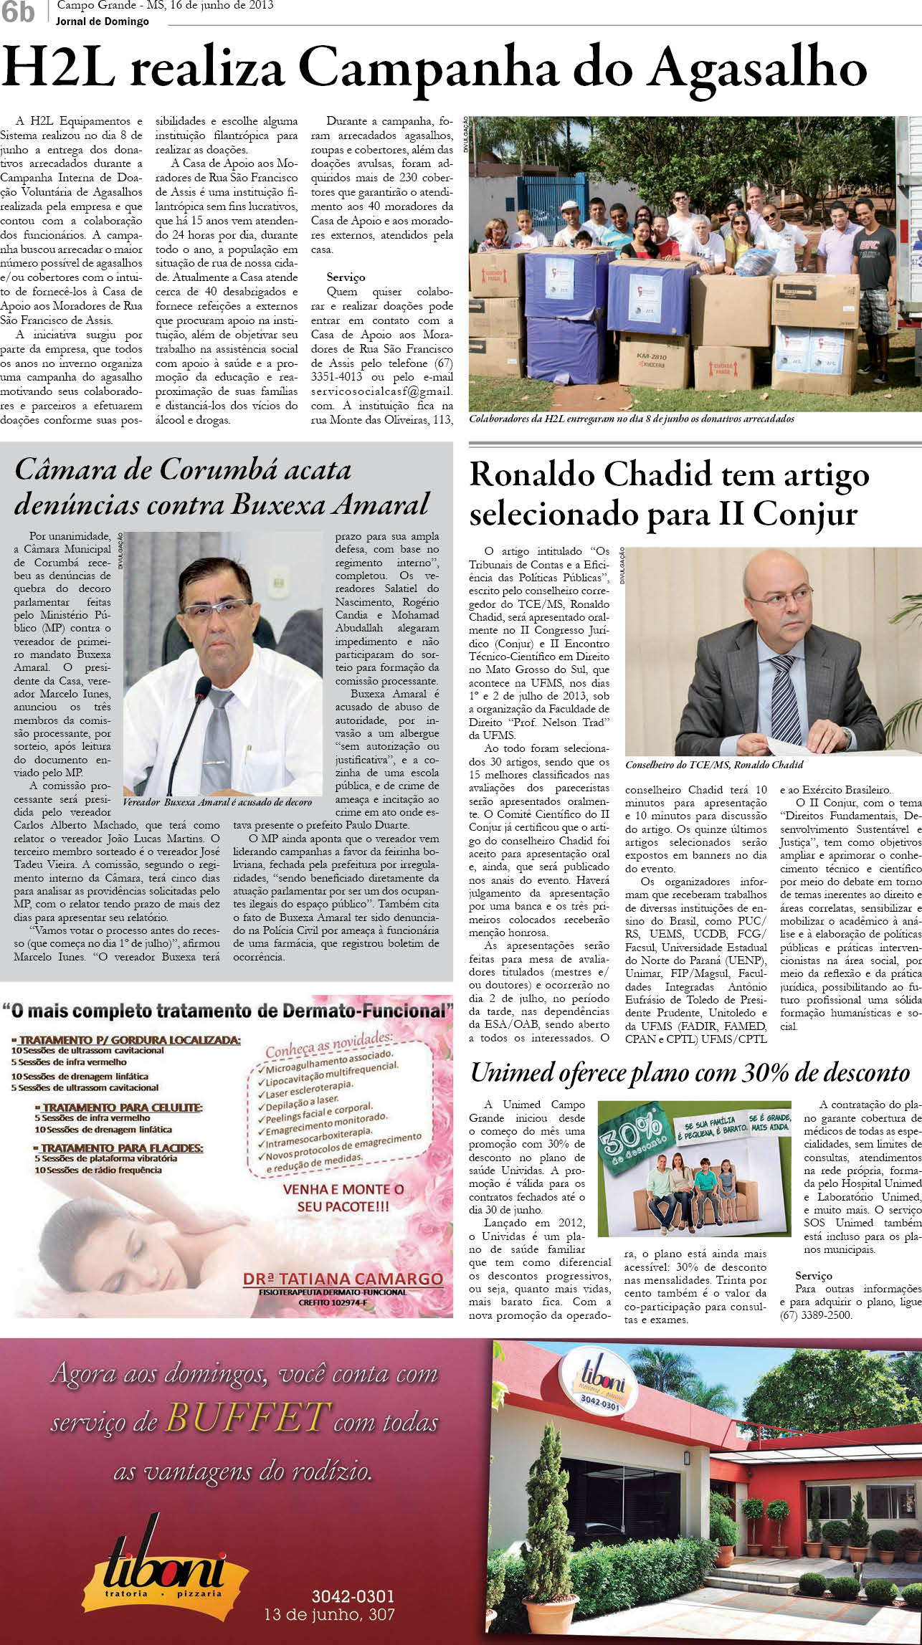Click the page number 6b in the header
pos(18,12)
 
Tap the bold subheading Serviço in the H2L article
pos(346,277)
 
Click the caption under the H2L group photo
pos(632,419)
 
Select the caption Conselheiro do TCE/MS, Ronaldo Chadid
pos(714,765)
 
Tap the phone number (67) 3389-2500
pos(816,1315)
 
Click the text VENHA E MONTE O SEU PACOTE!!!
pos(343,1198)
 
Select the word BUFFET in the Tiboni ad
pos(248,1417)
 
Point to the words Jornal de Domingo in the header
pos(103,22)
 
